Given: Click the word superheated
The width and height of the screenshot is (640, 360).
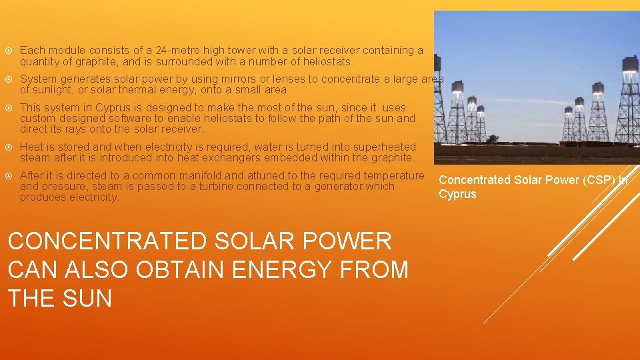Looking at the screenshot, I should (378, 147).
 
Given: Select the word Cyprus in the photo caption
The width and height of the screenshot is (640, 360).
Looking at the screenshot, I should (457, 194).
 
